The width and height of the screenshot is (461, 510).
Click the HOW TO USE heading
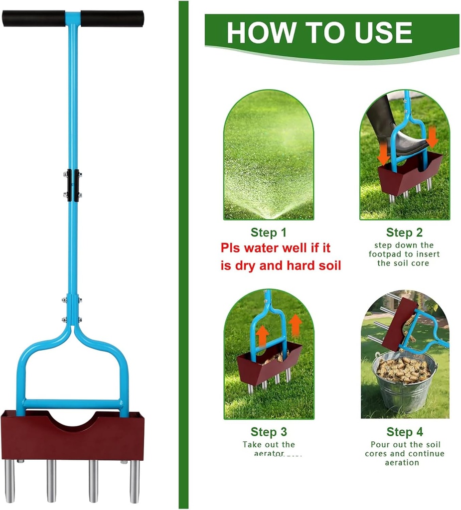[319, 33]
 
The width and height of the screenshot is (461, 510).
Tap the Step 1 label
[269, 233]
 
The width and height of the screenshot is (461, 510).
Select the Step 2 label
[404, 233]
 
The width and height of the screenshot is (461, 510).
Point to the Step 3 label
[269, 432]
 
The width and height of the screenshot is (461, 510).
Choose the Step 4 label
[404, 432]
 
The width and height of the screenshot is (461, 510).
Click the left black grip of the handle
[33, 19]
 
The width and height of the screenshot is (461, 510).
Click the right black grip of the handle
[112, 18]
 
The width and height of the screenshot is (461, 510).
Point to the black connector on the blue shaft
[73, 185]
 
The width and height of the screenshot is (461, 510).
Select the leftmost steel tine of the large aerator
[10, 481]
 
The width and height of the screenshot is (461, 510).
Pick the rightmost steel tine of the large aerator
[135, 481]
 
